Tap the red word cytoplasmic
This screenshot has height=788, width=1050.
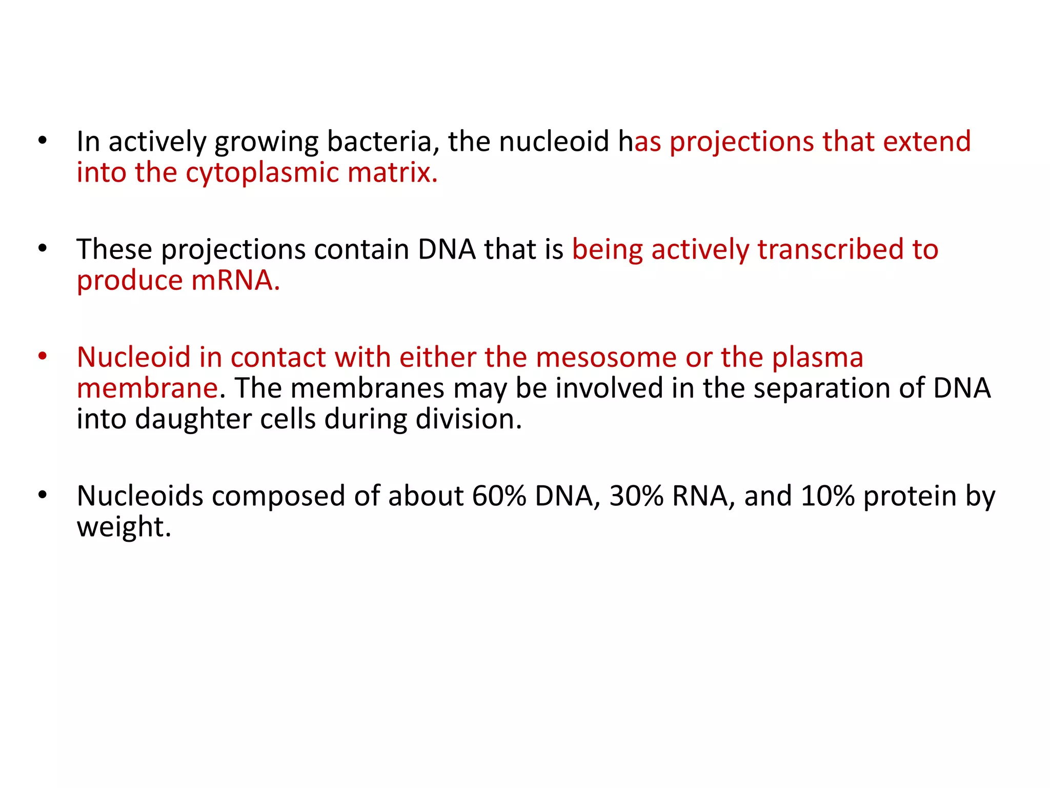click(262, 173)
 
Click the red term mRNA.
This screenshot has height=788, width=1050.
click(235, 281)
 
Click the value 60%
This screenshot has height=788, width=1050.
click(499, 497)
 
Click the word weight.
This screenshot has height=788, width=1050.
click(124, 527)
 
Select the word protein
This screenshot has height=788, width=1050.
click(910, 497)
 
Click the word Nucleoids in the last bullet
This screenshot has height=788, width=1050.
click(139, 497)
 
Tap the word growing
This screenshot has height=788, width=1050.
click(267, 142)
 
